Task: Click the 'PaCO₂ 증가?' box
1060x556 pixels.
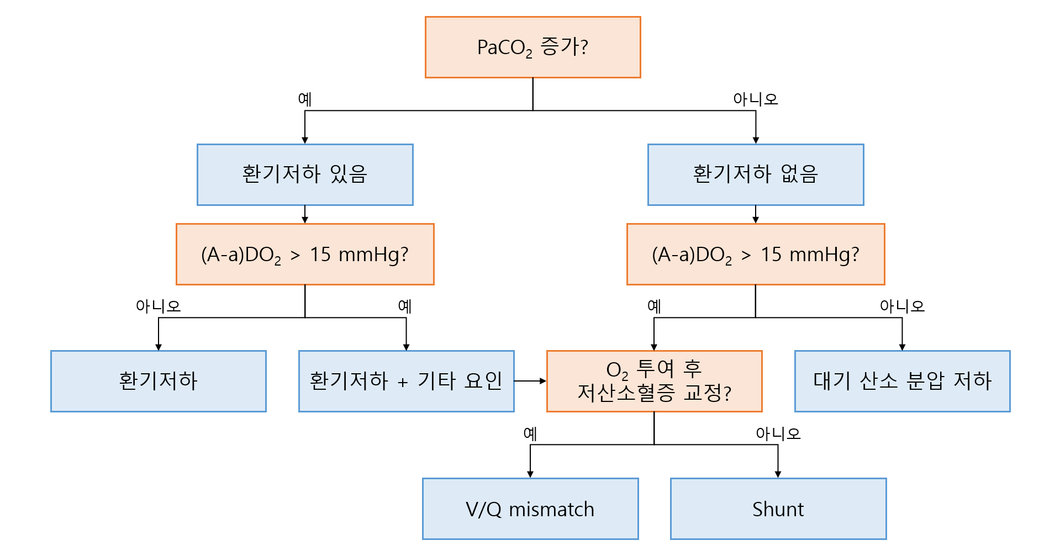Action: pos(532,47)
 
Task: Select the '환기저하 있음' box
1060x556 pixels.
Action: pos(305,174)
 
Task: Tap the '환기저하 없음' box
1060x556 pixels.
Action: pos(755,174)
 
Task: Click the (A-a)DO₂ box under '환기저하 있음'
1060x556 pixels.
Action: pos(305,255)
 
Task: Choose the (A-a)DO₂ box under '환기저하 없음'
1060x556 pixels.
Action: pos(755,255)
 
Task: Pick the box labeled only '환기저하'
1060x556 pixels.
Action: pos(159,381)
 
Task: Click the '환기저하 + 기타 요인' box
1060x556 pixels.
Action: pos(406,381)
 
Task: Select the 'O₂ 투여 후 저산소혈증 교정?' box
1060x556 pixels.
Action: pos(654,381)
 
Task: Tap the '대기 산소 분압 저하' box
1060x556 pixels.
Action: pos(902,381)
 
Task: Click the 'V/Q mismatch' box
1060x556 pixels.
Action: pos(530,509)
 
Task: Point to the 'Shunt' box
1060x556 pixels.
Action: pos(778,509)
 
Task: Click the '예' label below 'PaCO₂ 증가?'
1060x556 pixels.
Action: pos(305,99)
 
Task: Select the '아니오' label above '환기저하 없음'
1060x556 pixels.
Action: pos(755,99)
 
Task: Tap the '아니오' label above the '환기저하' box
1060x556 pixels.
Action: pos(159,306)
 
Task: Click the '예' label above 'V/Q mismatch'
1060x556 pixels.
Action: pos(530,433)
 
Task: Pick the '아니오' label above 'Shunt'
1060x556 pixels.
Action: pos(778,433)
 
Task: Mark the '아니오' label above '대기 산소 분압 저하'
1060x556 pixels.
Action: pos(902,306)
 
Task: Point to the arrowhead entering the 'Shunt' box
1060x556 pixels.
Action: pos(778,474)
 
